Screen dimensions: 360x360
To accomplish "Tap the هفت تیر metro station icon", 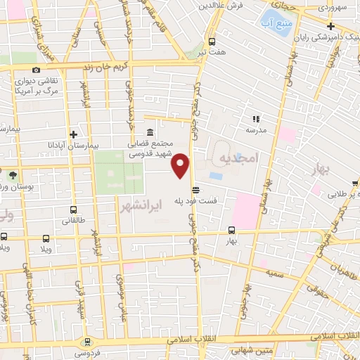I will coord(212,41).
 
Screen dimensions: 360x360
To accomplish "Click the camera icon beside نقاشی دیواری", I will coord(37,70).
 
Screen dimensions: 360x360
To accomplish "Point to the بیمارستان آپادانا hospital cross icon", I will coord(73,134).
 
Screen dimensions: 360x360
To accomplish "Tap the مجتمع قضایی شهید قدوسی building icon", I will coord(150,132).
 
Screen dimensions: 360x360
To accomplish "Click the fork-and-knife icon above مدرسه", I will coord(256,120).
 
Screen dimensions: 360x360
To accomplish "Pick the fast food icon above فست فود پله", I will coord(195,189).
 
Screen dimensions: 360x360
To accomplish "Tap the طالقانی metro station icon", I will coord(74,210).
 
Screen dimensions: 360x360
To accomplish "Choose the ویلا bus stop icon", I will coord(46,238).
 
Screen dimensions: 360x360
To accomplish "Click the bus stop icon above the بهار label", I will coord(232,230).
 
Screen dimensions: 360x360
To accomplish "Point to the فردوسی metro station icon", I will coord(88,342).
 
